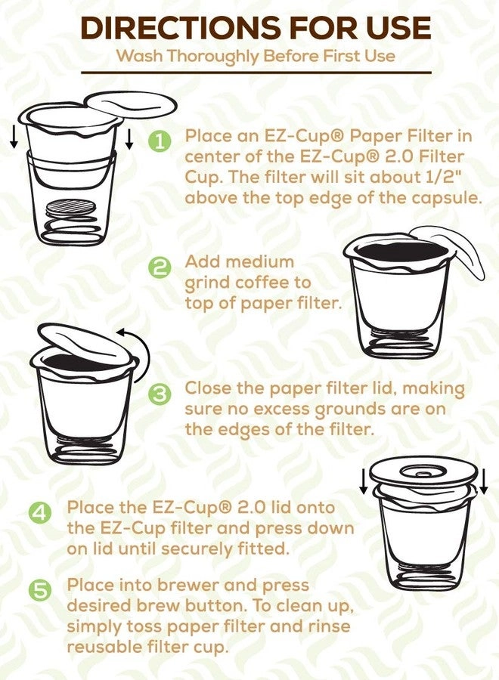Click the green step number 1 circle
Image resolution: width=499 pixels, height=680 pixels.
tap(160, 141)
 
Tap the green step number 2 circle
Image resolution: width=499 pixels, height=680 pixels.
tap(160, 267)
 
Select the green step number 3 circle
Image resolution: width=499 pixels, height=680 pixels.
tap(160, 393)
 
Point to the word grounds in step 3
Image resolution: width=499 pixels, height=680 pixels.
tap(337, 410)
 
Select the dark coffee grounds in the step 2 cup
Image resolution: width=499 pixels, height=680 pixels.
tap(397, 252)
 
